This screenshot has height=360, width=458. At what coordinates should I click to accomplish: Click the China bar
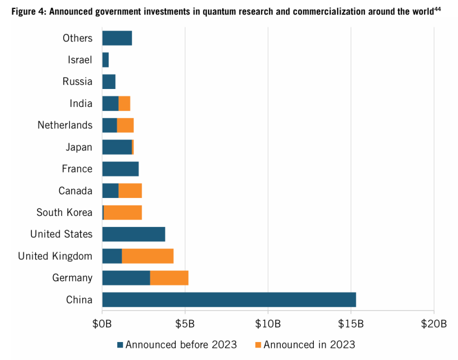click(229, 299)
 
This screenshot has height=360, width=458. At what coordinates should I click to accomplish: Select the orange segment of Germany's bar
click(169, 277)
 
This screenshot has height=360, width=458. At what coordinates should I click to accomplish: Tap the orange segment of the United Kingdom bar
click(148, 256)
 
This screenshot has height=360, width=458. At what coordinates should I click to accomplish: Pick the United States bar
click(134, 234)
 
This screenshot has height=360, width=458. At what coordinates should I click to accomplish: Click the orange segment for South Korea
click(123, 212)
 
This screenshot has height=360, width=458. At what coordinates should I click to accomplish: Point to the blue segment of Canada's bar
click(110, 190)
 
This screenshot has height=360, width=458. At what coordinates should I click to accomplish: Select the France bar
click(120, 169)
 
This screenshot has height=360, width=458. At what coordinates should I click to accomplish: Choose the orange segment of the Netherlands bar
click(125, 125)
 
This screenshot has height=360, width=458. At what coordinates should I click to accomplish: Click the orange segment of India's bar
click(124, 103)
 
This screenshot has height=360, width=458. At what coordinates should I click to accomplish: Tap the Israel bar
click(105, 60)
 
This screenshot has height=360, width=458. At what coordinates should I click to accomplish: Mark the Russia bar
click(109, 81)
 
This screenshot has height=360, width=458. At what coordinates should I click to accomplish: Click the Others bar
click(117, 38)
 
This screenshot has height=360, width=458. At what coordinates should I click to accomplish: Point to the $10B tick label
click(268, 324)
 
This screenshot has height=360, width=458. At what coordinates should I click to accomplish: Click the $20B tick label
click(434, 324)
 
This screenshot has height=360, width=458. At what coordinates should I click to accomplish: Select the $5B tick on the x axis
click(185, 324)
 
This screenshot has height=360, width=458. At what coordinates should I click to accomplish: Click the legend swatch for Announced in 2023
click(258, 344)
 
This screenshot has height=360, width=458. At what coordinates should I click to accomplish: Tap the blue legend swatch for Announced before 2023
click(120, 344)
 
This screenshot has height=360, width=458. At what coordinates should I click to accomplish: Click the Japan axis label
click(79, 147)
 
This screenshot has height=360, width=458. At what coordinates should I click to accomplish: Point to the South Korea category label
click(64, 212)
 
